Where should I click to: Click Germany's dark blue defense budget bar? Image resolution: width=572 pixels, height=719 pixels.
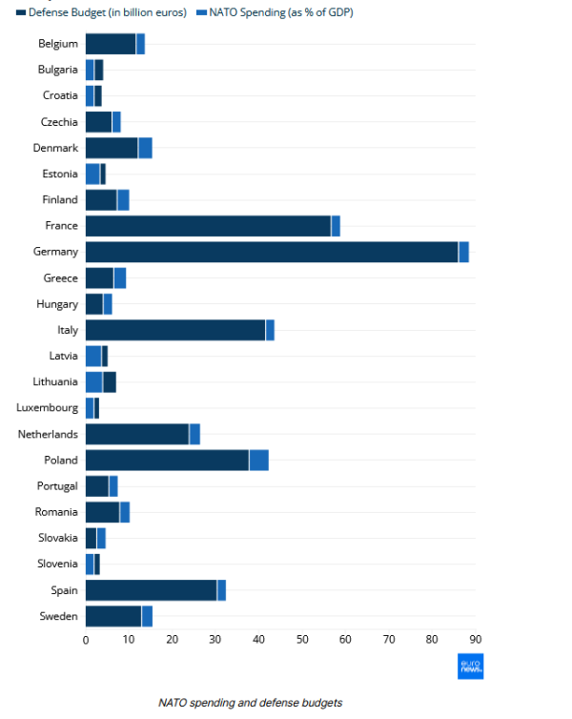tap(272, 252)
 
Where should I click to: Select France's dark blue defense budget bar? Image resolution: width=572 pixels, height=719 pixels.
tap(208, 226)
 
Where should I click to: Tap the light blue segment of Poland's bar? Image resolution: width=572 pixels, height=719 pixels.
tap(258, 460)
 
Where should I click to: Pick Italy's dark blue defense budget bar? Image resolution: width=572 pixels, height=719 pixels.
tap(175, 330)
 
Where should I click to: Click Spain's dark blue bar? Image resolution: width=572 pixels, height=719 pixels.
tap(151, 590)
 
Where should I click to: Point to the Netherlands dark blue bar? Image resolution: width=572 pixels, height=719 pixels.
tap(137, 434)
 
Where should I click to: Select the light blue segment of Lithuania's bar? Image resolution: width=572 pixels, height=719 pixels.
tap(93, 382)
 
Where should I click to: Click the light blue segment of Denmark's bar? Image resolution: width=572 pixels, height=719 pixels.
tap(145, 148)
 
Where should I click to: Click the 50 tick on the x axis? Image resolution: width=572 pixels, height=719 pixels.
tap(302, 639)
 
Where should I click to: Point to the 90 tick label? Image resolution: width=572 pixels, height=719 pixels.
tap(475, 639)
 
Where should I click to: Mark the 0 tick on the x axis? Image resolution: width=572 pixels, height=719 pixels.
tap(86, 639)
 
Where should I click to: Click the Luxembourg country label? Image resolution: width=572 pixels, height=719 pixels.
tap(47, 408)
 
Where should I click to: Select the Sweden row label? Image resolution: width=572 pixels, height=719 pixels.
tap(58, 616)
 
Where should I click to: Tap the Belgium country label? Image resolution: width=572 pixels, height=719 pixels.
tap(58, 44)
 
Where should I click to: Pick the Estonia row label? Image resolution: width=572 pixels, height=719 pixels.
tap(60, 174)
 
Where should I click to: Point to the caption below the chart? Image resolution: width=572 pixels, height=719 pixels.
tap(250, 703)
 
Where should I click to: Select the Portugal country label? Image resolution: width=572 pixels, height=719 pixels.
tap(56, 486)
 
